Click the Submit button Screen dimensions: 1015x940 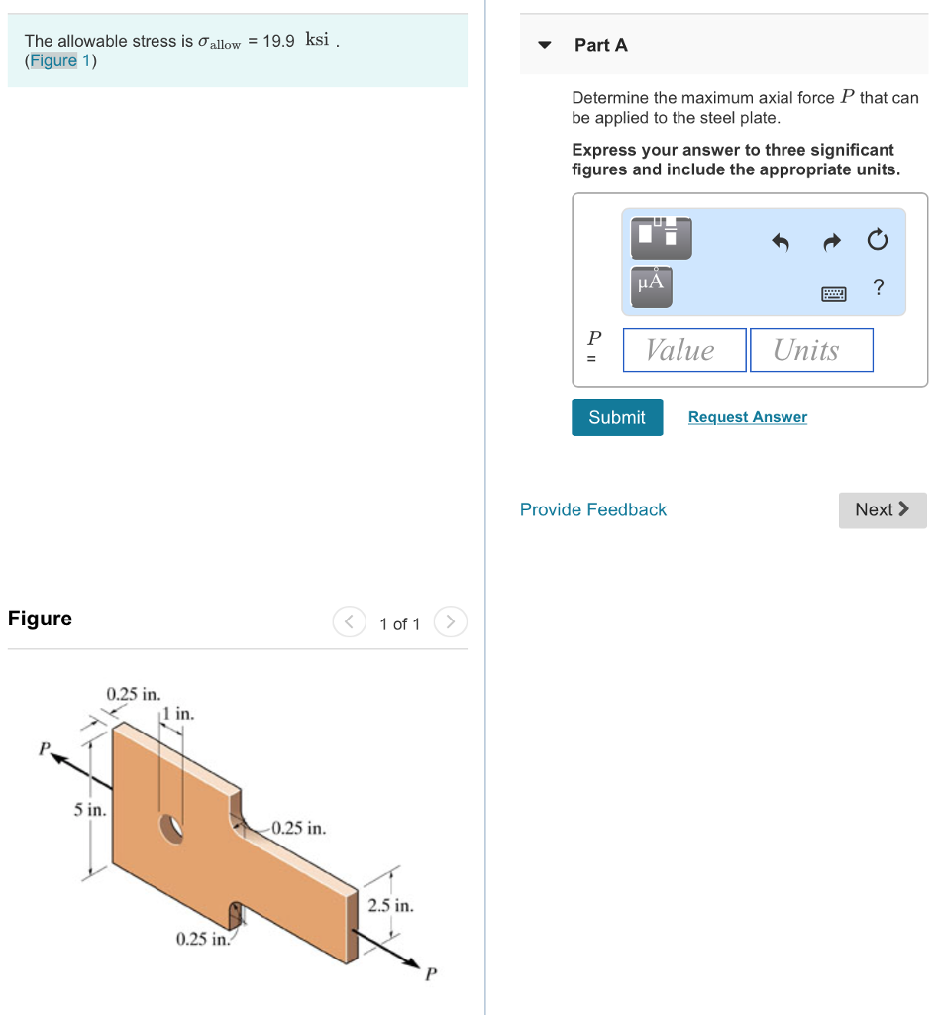[616, 417]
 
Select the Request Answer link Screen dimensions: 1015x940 [747, 417]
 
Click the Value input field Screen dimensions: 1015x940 [683, 350]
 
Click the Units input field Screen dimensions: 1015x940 [810, 350]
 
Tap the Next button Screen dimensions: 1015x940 [882, 509]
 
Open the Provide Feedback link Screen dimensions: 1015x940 [592, 509]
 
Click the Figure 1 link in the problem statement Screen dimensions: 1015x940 [60, 61]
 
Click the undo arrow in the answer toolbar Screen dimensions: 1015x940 [781, 241]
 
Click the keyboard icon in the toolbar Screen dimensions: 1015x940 [832, 292]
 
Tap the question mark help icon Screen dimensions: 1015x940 [878, 288]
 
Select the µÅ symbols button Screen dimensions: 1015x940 [651, 284]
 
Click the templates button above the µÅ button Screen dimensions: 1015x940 [660, 236]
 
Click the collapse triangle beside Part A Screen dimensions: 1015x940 [544, 46]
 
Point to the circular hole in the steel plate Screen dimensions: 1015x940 [171, 828]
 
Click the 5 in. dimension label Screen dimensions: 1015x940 [89, 810]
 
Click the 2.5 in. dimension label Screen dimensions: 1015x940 [390, 905]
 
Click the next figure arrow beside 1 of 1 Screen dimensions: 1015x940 [450, 622]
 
